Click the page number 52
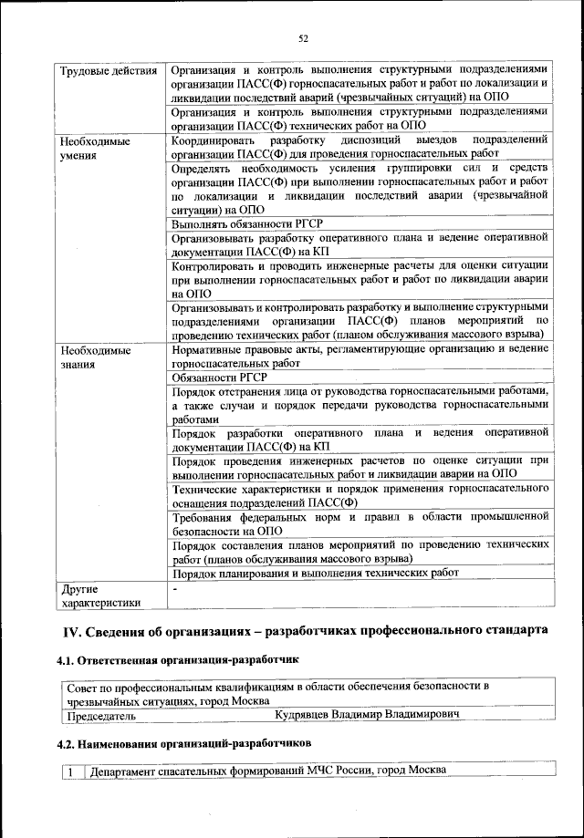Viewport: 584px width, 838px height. pyautogui.click(x=303, y=37)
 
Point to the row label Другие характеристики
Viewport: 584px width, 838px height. pyautogui.click(x=99, y=595)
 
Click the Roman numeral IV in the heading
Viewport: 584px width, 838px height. pyautogui.click(x=72, y=631)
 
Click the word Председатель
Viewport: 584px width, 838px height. pyautogui.click(x=99, y=716)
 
